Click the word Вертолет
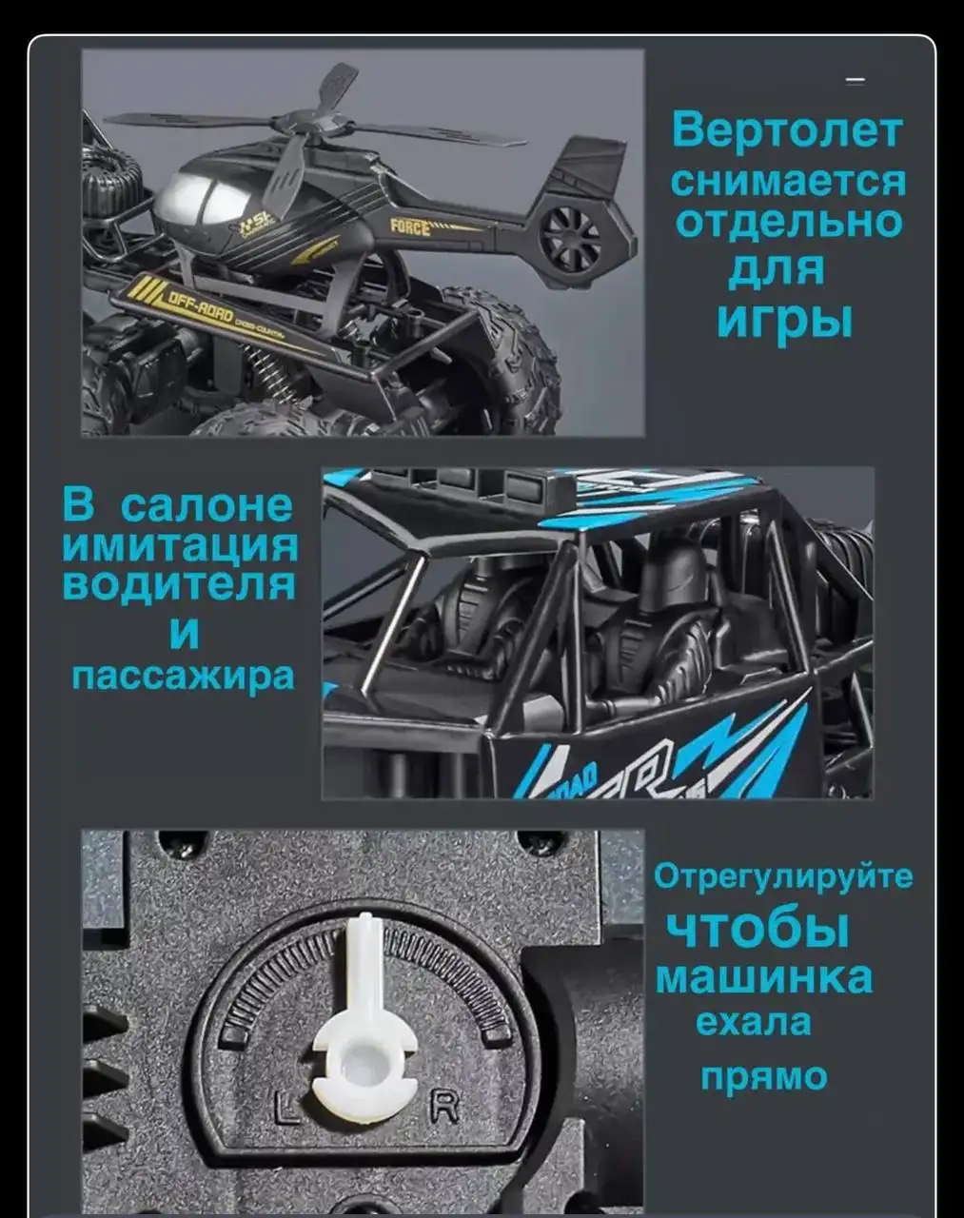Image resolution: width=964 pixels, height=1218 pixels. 785,130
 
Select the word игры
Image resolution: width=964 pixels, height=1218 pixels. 784,320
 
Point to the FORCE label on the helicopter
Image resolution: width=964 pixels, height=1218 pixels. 411,226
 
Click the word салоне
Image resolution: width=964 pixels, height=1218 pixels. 207,504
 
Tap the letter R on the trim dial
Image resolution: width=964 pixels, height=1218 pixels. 445,1106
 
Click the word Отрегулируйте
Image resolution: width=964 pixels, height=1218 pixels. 782,875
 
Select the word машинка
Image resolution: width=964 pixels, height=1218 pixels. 763,977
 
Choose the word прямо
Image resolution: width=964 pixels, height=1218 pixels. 764,1076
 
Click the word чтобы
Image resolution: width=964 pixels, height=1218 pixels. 756,928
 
